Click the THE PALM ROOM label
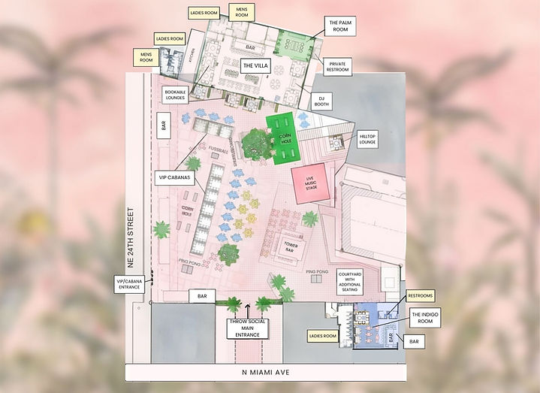pos(341,26)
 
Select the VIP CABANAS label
pos(176,178)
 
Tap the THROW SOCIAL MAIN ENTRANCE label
pos(247,328)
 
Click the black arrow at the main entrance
pos(248,307)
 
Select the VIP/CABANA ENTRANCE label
pos(128,283)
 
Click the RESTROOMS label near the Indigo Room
pos(421,295)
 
